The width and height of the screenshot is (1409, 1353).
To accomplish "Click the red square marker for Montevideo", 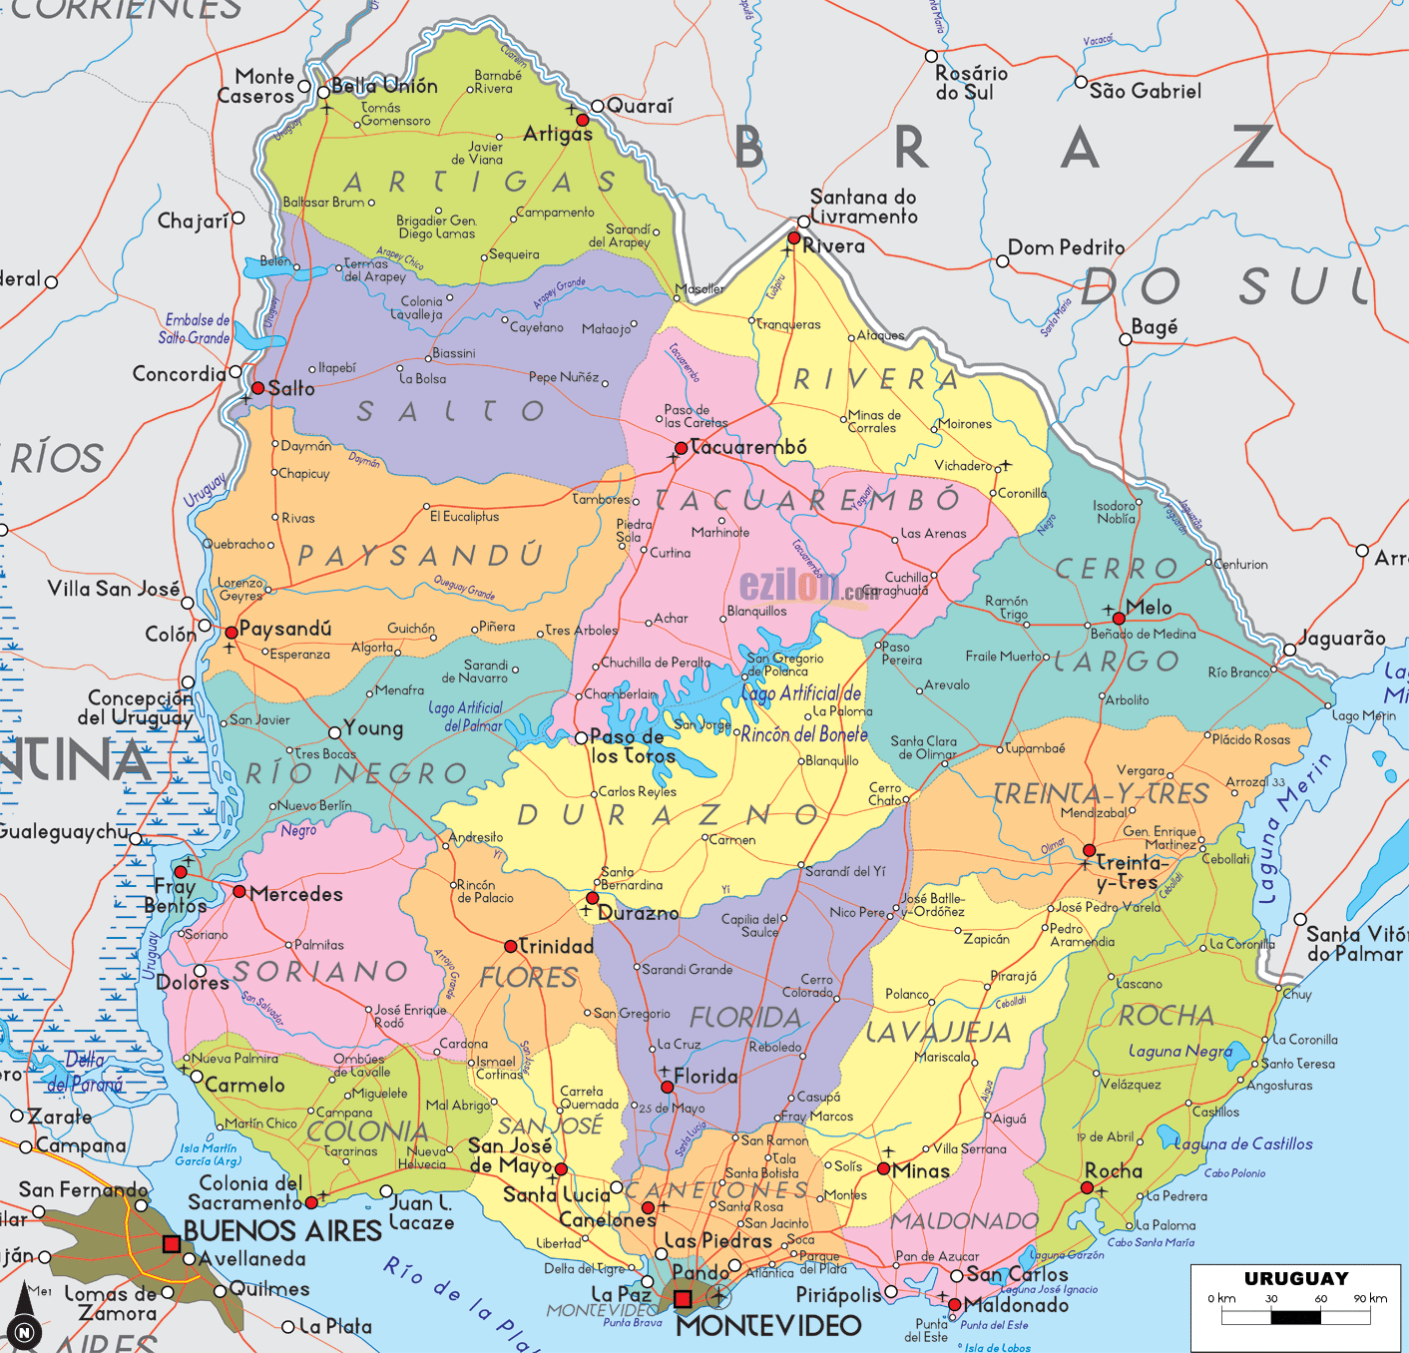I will pyautogui.click(x=683, y=1299).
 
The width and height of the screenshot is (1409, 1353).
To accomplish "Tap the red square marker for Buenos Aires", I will pyautogui.click(x=172, y=1243).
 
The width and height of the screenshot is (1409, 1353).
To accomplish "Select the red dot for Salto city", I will pyautogui.click(x=257, y=388).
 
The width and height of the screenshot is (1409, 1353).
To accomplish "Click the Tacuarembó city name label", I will pyautogui.click(x=748, y=447).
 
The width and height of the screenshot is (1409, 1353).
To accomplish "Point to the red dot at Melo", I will pyautogui.click(x=1119, y=619).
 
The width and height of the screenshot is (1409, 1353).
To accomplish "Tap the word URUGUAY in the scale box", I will pyautogui.click(x=1295, y=1278).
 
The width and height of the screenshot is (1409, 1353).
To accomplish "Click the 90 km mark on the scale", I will pyautogui.click(x=1370, y=1298).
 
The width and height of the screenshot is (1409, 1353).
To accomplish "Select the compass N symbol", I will pyautogui.click(x=24, y=1332).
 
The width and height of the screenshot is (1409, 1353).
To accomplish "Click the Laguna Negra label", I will pyautogui.click(x=1179, y=1051).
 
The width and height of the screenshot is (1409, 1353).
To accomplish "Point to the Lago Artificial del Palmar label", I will pyautogui.click(x=467, y=716).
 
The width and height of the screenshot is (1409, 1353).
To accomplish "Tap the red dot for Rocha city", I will pyautogui.click(x=1088, y=1187).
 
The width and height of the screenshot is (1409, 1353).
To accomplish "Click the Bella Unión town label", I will pyautogui.click(x=384, y=86).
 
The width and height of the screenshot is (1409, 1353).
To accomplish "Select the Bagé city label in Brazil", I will pyautogui.click(x=1154, y=326).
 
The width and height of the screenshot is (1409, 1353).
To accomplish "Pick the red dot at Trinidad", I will pyautogui.click(x=511, y=946).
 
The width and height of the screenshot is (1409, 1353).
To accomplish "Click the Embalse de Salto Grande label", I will pyautogui.click(x=196, y=329).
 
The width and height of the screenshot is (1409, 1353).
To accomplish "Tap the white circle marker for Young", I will pyautogui.click(x=335, y=732).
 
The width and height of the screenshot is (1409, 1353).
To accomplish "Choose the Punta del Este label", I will pyautogui.click(x=925, y=1330).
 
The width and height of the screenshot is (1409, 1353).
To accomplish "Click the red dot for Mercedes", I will pyautogui.click(x=239, y=891).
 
